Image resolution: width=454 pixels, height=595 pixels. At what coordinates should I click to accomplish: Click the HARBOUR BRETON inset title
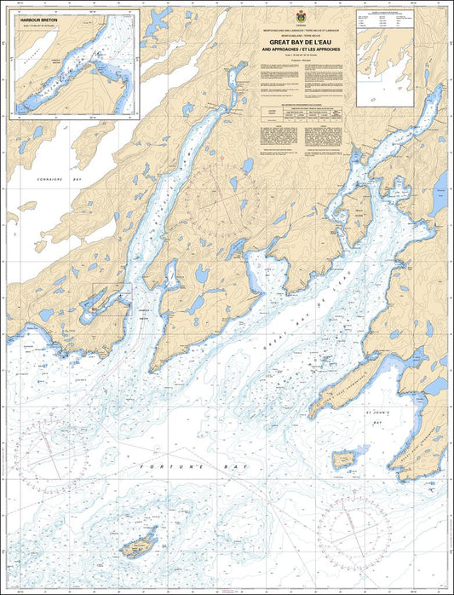pos(35,17)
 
